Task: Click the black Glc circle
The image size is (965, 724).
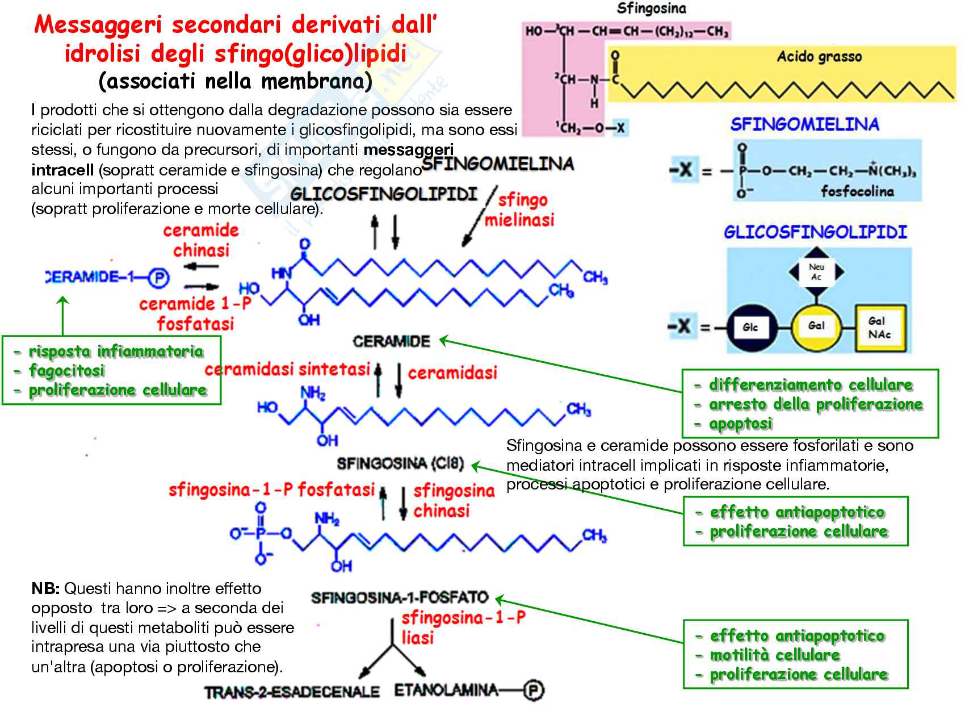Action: [x=750, y=327]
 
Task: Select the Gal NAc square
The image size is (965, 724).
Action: [x=879, y=328]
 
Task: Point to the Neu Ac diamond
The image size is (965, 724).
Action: [x=816, y=272]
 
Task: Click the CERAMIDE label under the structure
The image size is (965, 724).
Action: [x=392, y=341]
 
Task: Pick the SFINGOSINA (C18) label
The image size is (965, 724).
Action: [x=400, y=464]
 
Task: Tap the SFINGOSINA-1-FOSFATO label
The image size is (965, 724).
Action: [x=400, y=597]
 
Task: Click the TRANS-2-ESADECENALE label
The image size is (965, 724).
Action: [x=292, y=692]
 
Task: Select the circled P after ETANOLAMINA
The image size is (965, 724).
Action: [x=533, y=690]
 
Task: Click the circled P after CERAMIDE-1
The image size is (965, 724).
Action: [x=159, y=278]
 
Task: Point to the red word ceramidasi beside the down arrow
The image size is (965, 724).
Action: [x=452, y=373]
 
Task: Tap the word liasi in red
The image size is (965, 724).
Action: [x=418, y=638]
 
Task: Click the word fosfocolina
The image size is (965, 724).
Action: [x=857, y=191]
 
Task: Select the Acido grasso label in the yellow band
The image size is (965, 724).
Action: [x=819, y=57]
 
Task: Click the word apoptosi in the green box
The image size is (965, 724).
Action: [x=741, y=424]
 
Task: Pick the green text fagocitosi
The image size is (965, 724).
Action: [x=67, y=371]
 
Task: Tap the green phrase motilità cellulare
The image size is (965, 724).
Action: [x=775, y=655]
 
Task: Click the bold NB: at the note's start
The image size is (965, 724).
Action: [x=45, y=588]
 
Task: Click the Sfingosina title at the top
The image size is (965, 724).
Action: [x=651, y=9]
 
